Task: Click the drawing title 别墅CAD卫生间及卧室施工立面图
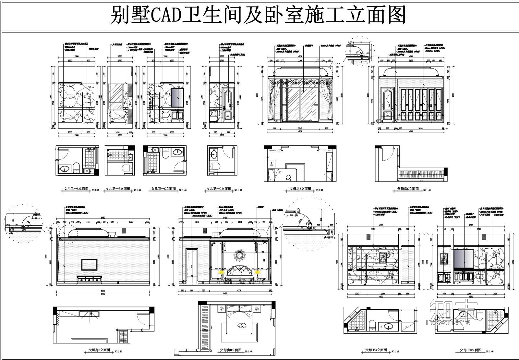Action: coord(258,15)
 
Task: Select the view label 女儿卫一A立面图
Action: coord(75,189)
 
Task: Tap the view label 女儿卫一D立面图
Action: coord(219,189)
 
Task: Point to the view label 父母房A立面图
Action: coord(300,189)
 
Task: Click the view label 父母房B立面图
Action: coord(99,350)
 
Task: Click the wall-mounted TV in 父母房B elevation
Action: coord(89,264)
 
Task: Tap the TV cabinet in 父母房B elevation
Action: coord(89,279)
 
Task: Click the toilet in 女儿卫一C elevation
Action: coord(165,116)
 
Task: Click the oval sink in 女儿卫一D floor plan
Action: coord(213,154)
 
